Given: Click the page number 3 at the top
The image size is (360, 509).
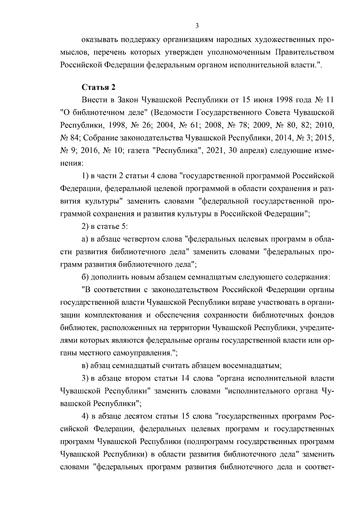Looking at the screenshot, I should coord(197,26).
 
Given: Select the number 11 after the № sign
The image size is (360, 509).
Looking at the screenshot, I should coord(329,100).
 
